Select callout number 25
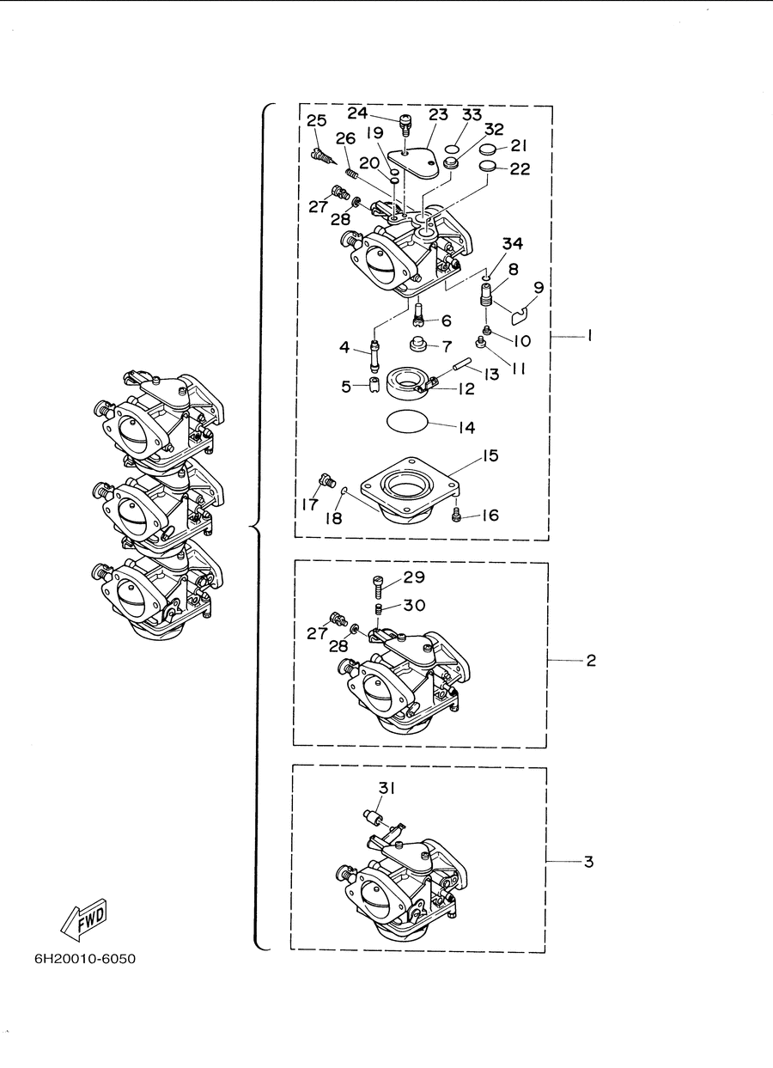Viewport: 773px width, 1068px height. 316,120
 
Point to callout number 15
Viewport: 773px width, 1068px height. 490,455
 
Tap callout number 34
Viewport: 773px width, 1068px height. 513,244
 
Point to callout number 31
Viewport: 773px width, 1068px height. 386,788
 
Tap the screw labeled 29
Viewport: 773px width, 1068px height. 376,588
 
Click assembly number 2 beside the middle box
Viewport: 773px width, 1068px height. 591,661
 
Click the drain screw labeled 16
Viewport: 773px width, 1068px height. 455,515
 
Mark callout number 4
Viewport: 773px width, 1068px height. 344,347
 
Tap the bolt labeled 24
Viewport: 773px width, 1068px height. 405,124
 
